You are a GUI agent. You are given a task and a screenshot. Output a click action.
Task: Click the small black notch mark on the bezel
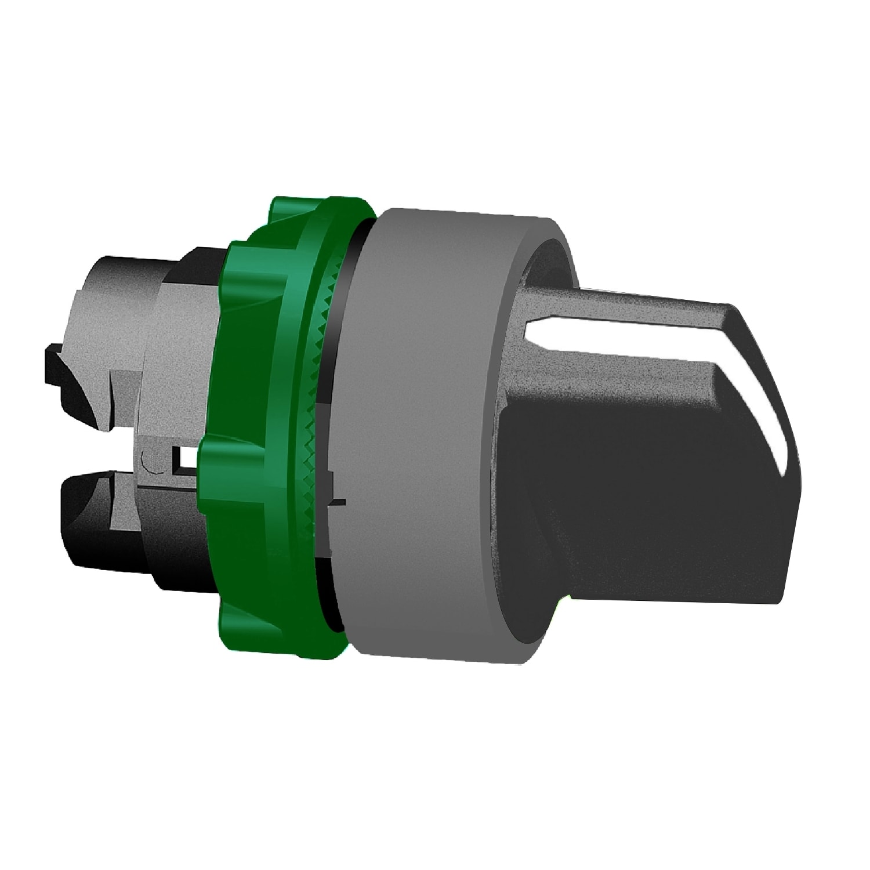(336, 502)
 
